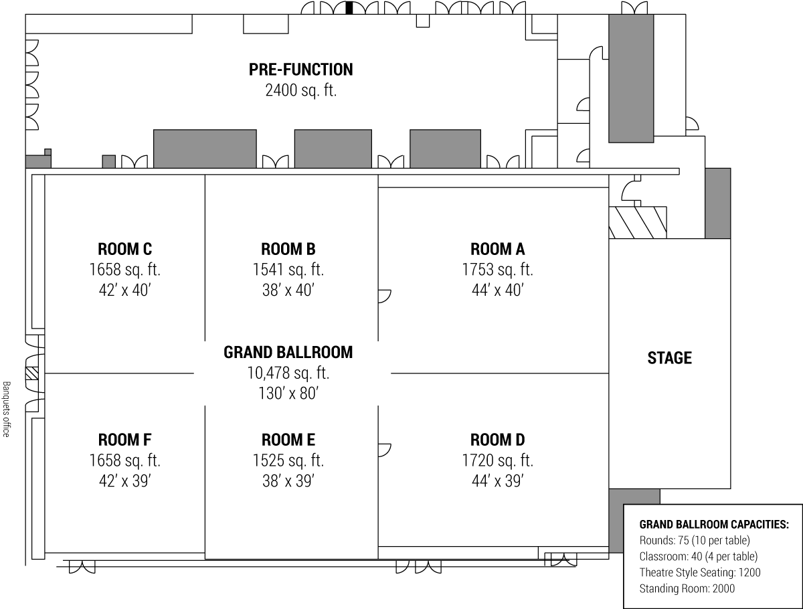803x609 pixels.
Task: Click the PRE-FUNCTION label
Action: pyautogui.click(x=300, y=70)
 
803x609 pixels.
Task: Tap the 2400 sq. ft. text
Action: pyautogui.click(x=300, y=90)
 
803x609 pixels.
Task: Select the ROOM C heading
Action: pyautogui.click(x=124, y=249)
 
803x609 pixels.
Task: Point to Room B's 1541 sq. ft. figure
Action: pyautogui.click(x=288, y=270)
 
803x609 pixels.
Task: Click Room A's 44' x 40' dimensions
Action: pyautogui.click(x=498, y=290)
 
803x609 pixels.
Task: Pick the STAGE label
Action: pyautogui.click(x=669, y=358)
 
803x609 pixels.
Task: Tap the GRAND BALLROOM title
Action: pyautogui.click(x=288, y=352)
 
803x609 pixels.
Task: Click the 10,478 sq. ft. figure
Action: pyautogui.click(x=288, y=373)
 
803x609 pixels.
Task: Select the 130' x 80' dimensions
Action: pyautogui.click(x=288, y=394)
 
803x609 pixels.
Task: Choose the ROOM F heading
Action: pyautogui.click(x=124, y=440)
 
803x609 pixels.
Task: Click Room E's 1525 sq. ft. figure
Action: pyautogui.click(x=288, y=460)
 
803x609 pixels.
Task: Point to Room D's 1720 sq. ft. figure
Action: pyautogui.click(x=498, y=460)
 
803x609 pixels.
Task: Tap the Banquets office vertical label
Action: pyautogui.click(x=6, y=409)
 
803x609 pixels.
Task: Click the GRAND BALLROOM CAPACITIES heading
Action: pyautogui.click(x=714, y=525)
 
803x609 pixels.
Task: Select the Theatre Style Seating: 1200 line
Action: pyautogui.click(x=700, y=572)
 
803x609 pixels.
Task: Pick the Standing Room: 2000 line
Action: pyautogui.click(x=687, y=588)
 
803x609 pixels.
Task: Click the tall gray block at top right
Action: pyautogui.click(x=631, y=79)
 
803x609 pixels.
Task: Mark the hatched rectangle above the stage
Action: pyautogui.click(x=638, y=222)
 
